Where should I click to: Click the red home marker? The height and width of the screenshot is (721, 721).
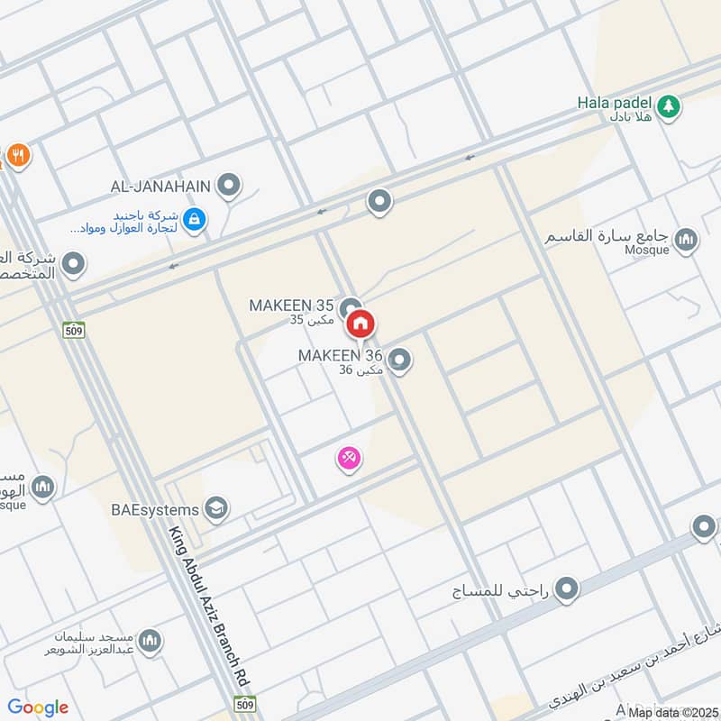(361, 324)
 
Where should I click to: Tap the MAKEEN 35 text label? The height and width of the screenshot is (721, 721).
(293, 306)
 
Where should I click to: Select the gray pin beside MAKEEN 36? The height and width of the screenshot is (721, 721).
(401, 361)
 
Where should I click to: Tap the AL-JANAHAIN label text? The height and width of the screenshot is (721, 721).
(160, 187)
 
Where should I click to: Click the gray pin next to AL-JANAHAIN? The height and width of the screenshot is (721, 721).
(229, 187)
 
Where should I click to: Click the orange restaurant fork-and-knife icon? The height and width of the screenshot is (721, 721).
(17, 156)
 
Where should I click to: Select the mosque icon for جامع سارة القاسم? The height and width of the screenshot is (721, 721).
(687, 240)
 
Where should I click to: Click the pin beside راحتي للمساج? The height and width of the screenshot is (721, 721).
(566, 590)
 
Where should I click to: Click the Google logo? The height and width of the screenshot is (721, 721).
(38, 707)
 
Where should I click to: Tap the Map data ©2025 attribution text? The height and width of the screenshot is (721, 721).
(673, 712)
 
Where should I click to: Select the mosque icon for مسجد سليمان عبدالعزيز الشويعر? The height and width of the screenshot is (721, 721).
(150, 641)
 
